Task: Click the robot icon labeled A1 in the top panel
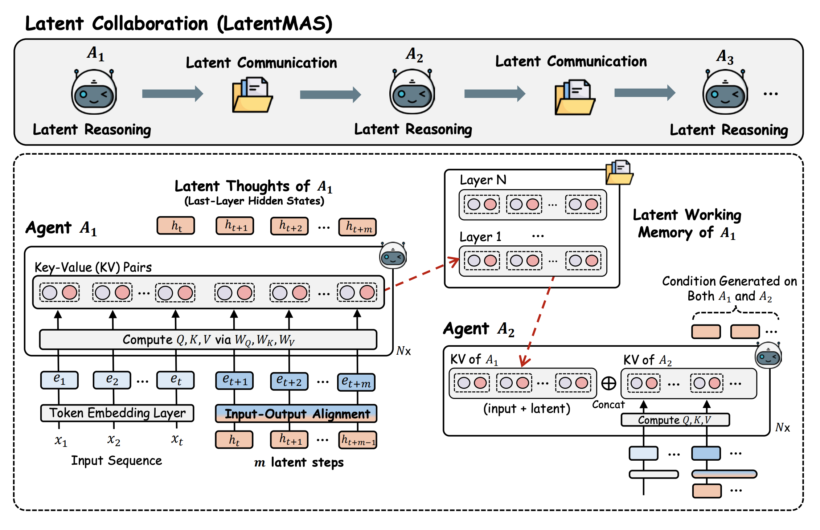pos(94,92)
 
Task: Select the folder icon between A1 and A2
pos(252,95)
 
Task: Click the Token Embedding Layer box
pos(117,413)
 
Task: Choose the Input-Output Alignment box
pos(296,414)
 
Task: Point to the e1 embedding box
pos(60,380)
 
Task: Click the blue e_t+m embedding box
pos(356,382)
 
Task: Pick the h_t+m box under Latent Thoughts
pos(358,227)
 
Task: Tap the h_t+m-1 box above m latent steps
pos(358,440)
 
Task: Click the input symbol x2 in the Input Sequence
pos(114,440)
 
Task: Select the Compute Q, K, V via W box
pos(208,340)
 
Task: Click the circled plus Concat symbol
pos(609,383)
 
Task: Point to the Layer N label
pos(483,180)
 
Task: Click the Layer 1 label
pos(480,237)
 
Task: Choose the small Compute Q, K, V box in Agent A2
pos(675,420)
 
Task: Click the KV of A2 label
pos(648,360)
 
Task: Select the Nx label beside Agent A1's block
pos(403,351)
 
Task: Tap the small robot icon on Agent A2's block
pos(768,355)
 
